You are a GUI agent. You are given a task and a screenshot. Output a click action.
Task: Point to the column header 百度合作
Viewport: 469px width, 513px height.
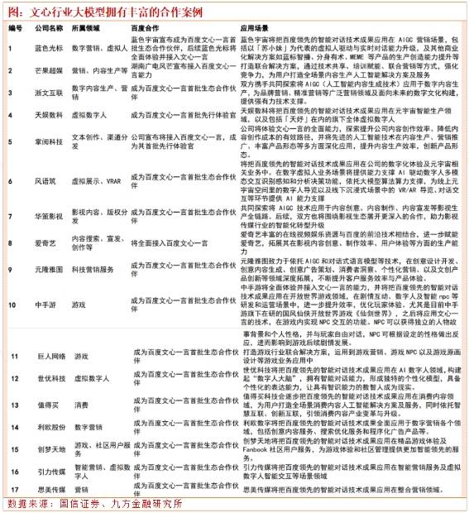(146, 28)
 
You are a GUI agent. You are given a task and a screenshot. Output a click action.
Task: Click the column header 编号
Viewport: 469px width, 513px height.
(15, 28)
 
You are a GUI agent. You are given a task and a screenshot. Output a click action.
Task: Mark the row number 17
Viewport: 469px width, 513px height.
(14, 488)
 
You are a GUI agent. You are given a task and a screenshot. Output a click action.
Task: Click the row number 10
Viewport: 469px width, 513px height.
(14, 282)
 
